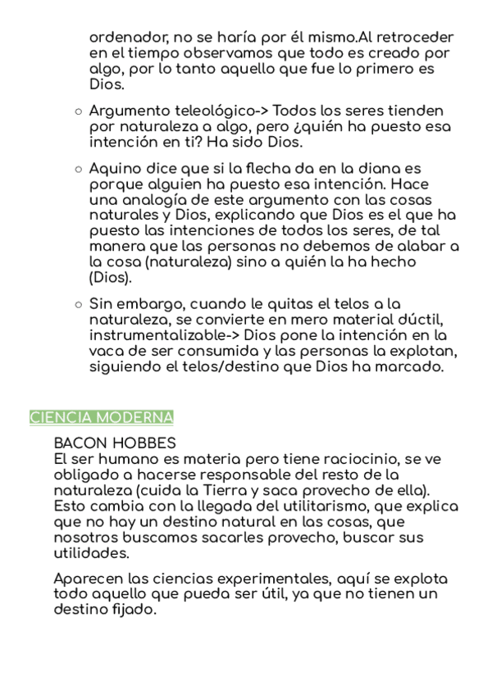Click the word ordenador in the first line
(x=124, y=38)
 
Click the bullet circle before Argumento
(x=78, y=111)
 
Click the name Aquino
(x=114, y=168)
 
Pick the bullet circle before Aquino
(x=78, y=168)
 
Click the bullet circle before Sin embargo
(x=78, y=305)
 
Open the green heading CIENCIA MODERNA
(x=102, y=417)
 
